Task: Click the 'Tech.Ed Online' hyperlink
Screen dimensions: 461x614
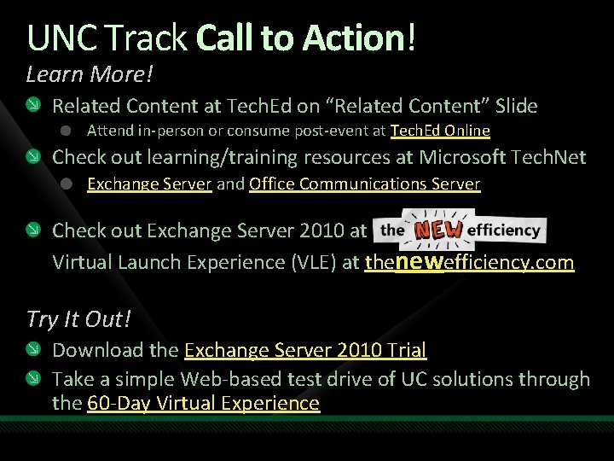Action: click(440, 131)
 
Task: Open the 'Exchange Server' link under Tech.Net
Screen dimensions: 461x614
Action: click(149, 184)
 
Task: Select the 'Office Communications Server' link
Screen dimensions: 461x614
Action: click(364, 184)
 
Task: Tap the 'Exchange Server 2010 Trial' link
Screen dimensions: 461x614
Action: click(305, 349)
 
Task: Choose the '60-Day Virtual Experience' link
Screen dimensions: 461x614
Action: click(203, 403)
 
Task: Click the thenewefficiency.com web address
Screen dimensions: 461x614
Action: click(469, 261)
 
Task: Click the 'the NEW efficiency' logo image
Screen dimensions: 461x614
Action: click(460, 229)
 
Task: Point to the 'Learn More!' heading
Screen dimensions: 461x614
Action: click(90, 74)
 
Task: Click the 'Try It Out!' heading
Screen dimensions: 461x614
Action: click(78, 318)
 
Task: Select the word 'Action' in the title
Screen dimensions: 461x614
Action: click(362, 38)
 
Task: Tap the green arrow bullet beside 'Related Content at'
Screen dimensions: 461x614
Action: click(32, 106)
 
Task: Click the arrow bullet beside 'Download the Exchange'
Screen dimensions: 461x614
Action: click(32, 349)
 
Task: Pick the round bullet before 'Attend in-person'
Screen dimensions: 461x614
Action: click(67, 131)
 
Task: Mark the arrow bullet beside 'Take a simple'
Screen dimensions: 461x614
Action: click(32, 379)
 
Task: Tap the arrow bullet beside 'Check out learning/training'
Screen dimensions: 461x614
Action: click(32, 157)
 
